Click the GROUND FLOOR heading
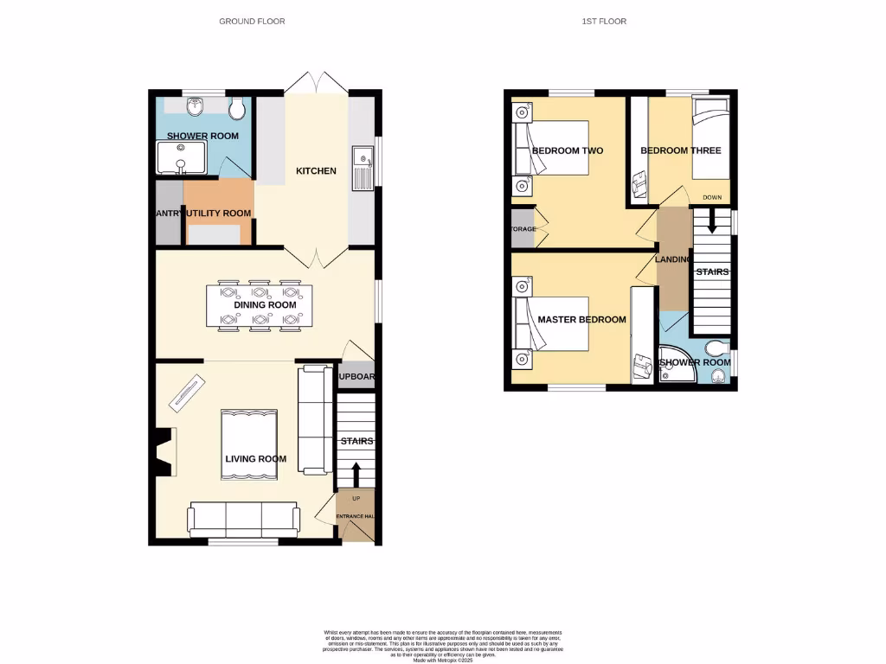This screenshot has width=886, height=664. point(252,21)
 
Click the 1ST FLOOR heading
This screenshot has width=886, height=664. point(605,21)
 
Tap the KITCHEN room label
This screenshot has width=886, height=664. point(316,171)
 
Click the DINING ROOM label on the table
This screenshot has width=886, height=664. point(265,305)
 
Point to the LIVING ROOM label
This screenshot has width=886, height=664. point(256,458)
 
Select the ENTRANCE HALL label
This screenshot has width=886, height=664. point(356,516)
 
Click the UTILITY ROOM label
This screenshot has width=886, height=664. point(219,213)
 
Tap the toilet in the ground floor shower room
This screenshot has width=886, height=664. point(237,107)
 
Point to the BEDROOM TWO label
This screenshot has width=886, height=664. point(567,150)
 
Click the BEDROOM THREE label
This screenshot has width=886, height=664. point(680,150)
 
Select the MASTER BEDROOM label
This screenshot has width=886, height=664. point(581,320)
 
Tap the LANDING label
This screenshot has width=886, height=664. point(673,259)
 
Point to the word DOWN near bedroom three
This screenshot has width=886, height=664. point(712,197)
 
